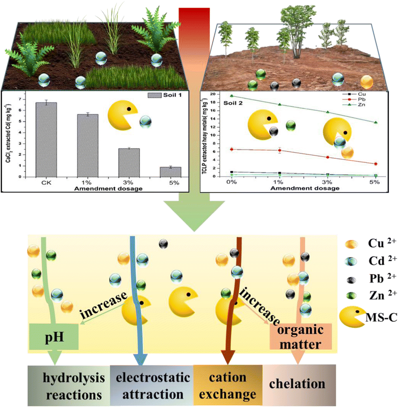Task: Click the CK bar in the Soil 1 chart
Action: (x=45, y=140)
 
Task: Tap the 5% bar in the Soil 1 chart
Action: (x=170, y=172)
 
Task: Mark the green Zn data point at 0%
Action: (x=231, y=96)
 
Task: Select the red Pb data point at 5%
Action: (x=375, y=164)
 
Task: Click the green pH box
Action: (x=53, y=336)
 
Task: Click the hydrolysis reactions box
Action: (x=69, y=385)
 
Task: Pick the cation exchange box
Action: (x=228, y=385)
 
